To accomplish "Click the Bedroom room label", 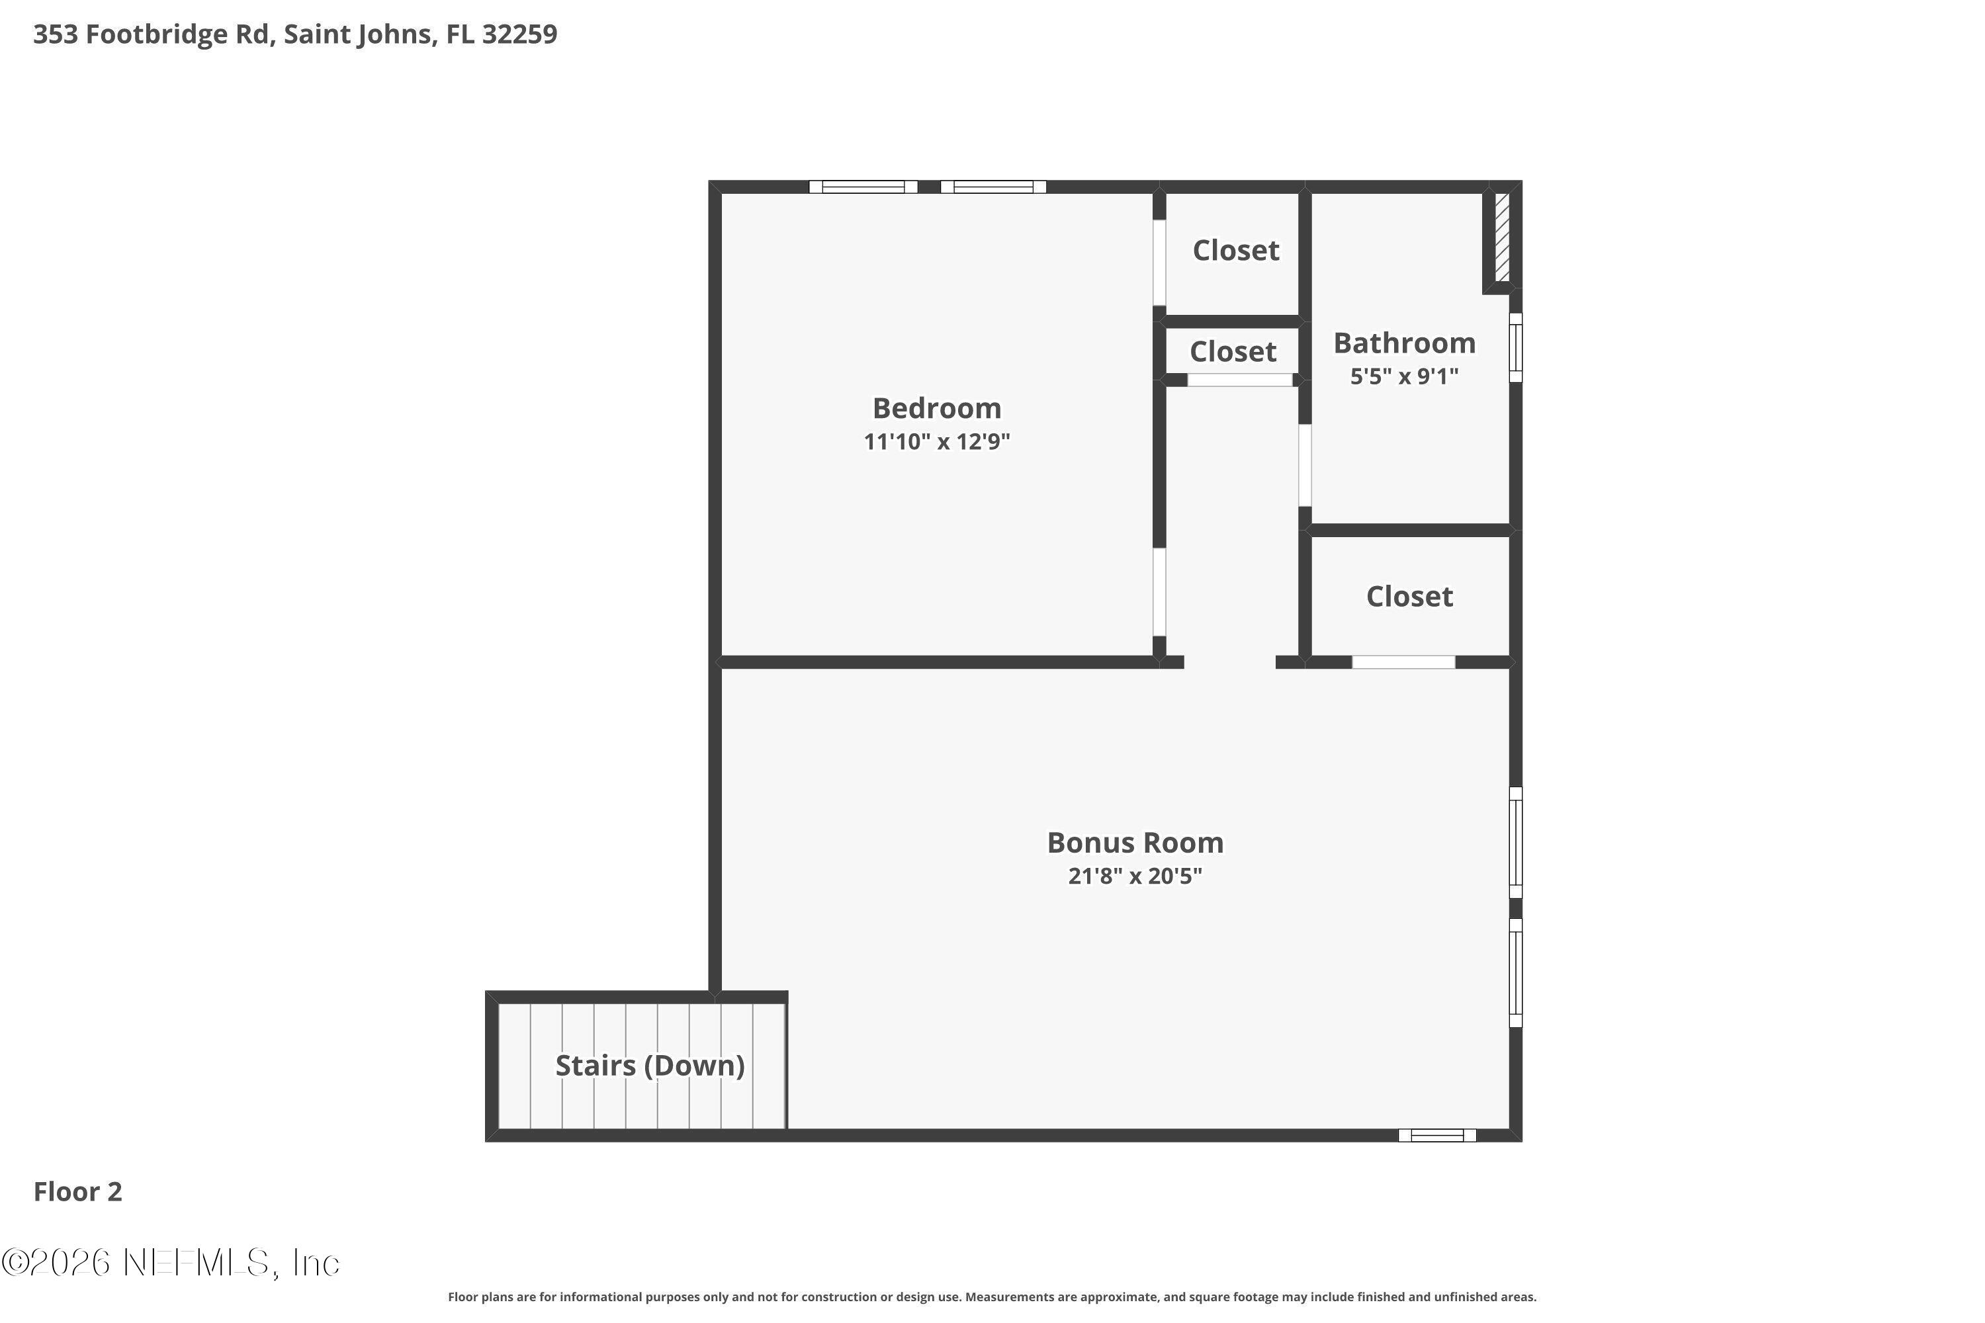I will pos(936,408).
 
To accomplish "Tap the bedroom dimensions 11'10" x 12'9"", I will pos(936,441).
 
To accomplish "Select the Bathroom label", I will pos(1404,343).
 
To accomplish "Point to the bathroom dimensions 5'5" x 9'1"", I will pos(1404,376).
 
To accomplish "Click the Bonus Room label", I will pos(1135,842).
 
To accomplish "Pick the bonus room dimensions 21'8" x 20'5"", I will pos(1135,876).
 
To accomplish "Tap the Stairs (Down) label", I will pos(650,1065).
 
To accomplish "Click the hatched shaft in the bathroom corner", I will pos(1501,237).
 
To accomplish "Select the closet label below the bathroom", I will pos(1409,597).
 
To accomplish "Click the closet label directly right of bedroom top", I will pos(1235,250).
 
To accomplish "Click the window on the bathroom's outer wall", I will pos(1516,348).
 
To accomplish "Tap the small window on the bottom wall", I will pos(1437,1135).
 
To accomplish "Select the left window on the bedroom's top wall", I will pos(863,187).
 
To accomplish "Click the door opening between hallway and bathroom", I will pos(1305,465).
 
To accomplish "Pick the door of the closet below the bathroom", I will pos(1403,662).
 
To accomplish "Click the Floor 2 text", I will pos(77,1191).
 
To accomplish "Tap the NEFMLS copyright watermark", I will pos(171,1262).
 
